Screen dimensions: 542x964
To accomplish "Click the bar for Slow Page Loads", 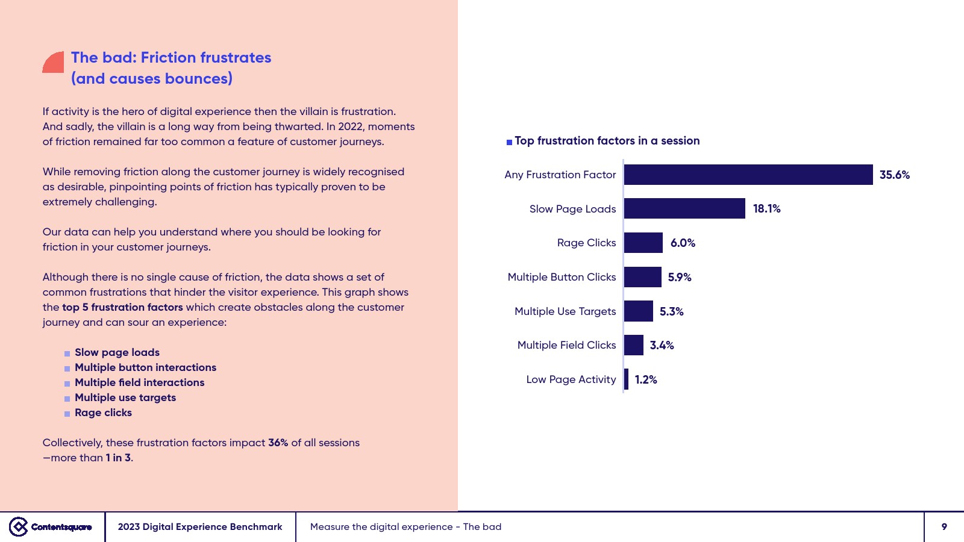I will click(684, 208).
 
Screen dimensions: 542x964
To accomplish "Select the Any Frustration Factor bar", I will click(748, 175).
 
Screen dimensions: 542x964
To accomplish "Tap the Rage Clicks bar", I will click(643, 243).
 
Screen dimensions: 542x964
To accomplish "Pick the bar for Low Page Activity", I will click(627, 379).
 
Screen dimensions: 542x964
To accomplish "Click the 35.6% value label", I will click(894, 175).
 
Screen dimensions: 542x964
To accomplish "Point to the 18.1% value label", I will click(766, 209).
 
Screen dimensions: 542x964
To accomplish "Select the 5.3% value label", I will click(671, 311).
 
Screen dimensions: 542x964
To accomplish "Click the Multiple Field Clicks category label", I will click(566, 345).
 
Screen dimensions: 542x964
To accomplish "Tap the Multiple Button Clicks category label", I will click(562, 277).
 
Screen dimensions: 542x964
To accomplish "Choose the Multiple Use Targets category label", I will click(565, 311).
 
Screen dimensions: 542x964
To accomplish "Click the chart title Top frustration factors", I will click(607, 141).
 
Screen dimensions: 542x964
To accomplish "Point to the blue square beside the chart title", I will click(509, 142).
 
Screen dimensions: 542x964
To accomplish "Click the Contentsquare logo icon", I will click(19, 526).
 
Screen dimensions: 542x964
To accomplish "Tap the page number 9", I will click(944, 527).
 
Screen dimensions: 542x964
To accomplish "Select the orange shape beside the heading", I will click(54, 62).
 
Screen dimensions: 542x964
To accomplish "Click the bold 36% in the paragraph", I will click(278, 443).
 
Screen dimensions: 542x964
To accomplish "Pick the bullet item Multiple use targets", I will click(125, 397).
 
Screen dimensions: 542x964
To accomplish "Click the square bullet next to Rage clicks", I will click(67, 414).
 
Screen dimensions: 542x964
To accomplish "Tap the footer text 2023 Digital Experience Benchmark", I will click(200, 527).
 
